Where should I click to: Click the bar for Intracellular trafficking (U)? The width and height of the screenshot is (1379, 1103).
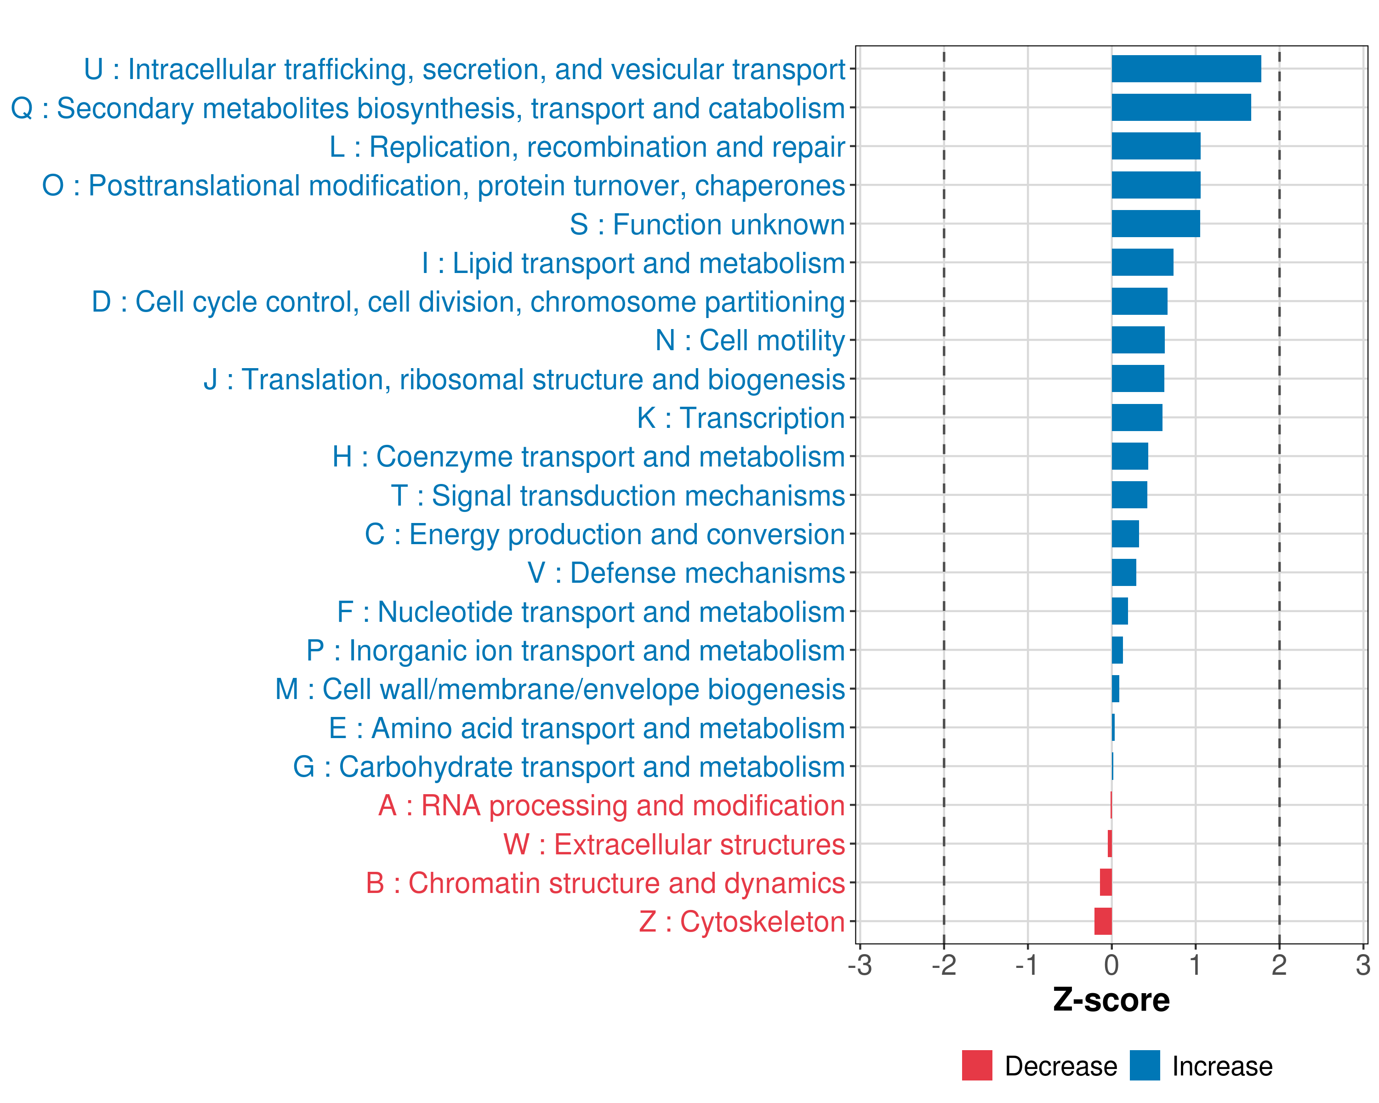point(1186,69)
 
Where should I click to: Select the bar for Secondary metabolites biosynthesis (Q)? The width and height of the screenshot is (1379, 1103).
point(1181,108)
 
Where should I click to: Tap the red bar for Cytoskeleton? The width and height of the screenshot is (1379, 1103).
point(1103,921)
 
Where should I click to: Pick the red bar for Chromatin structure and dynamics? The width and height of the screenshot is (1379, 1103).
point(1106,882)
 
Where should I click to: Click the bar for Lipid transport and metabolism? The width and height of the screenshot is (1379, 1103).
point(1142,262)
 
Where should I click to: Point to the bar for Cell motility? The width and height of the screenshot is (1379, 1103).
point(1138,340)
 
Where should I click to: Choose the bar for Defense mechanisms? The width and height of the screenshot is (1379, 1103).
point(1124,572)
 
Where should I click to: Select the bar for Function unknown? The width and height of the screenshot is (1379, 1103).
point(1156,224)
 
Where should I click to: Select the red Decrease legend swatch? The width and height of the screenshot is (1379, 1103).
point(977,1065)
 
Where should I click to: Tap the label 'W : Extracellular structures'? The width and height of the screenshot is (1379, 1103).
point(674,845)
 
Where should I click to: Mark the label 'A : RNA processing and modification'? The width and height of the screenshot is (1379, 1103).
point(611,806)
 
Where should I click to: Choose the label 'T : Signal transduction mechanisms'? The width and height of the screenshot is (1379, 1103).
point(618,495)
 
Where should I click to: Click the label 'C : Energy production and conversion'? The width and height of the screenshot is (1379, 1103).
point(604,534)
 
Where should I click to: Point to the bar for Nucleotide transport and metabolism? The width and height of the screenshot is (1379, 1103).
point(1120,611)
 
